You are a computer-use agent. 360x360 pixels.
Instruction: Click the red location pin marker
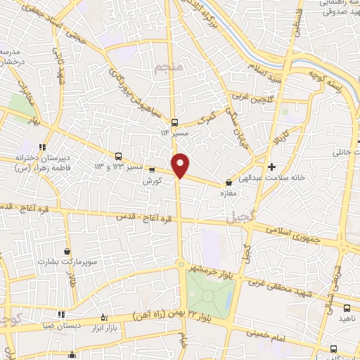(181, 165)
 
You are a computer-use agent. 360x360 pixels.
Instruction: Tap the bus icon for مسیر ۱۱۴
(174, 121)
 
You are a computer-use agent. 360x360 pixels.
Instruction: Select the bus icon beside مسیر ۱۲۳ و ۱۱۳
(117, 156)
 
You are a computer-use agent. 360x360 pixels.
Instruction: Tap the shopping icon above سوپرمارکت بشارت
(67, 251)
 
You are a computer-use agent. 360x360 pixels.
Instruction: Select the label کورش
(152, 181)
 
